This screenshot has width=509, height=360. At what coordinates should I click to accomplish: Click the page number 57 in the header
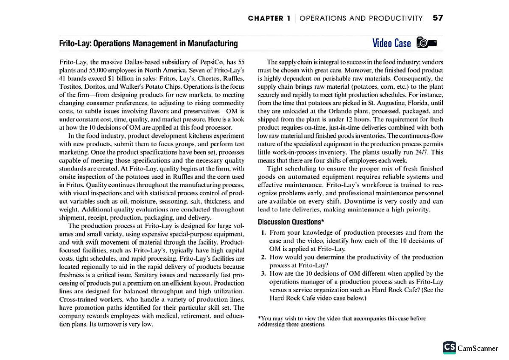click(x=438, y=18)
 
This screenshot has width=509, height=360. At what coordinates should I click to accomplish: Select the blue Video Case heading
click(x=391, y=43)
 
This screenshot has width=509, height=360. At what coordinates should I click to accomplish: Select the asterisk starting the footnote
click(x=260, y=318)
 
